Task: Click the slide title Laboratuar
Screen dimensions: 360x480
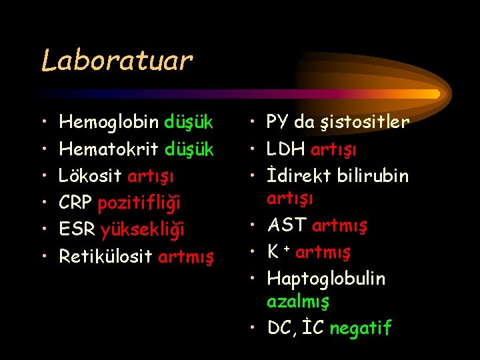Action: point(117,61)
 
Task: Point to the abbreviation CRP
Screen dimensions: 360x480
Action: point(76,202)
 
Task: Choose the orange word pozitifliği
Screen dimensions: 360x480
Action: point(139,203)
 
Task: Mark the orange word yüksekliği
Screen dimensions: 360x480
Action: point(142,229)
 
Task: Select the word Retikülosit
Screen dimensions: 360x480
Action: point(106,255)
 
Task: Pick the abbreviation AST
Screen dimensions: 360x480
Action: point(287,225)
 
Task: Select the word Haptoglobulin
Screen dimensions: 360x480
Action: point(326,278)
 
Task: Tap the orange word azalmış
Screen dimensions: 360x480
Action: point(297,301)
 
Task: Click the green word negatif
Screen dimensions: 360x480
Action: point(360,328)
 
